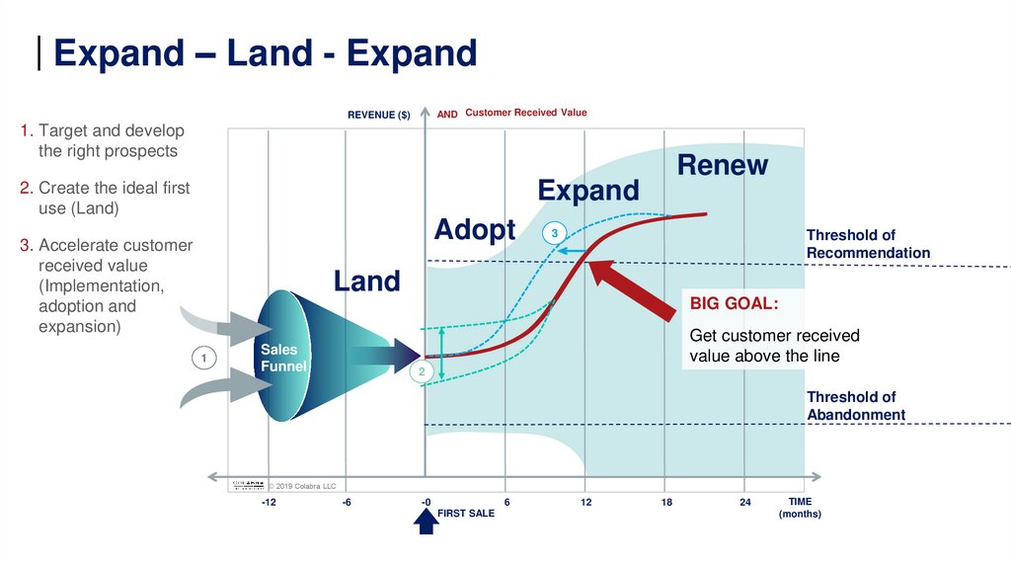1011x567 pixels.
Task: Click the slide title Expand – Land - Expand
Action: pos(265,53)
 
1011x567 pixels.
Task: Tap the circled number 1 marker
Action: pos(203,359)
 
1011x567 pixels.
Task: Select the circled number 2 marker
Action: pos(421,372)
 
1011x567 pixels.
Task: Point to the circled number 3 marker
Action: pos(554,233)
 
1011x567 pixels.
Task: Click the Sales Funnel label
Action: pos(283,358)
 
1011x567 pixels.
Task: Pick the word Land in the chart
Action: pos(366,282)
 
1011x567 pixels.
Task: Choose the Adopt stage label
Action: pos(474,230)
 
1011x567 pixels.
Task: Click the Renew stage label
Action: pos(722,165)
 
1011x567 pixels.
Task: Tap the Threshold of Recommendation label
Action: pos(867,244)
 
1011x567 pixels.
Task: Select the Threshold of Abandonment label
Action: pos(855,406)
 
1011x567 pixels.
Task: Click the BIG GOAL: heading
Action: pos(734,303)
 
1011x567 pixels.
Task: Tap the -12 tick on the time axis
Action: pos(269,503)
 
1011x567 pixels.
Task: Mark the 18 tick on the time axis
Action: pos(666,503)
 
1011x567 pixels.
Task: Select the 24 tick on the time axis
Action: pos(745,503)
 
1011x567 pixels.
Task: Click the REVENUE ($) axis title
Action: pos(378,115)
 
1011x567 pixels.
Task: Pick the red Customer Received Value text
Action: pos(525,113)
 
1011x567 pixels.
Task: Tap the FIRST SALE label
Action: pos(466,514)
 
